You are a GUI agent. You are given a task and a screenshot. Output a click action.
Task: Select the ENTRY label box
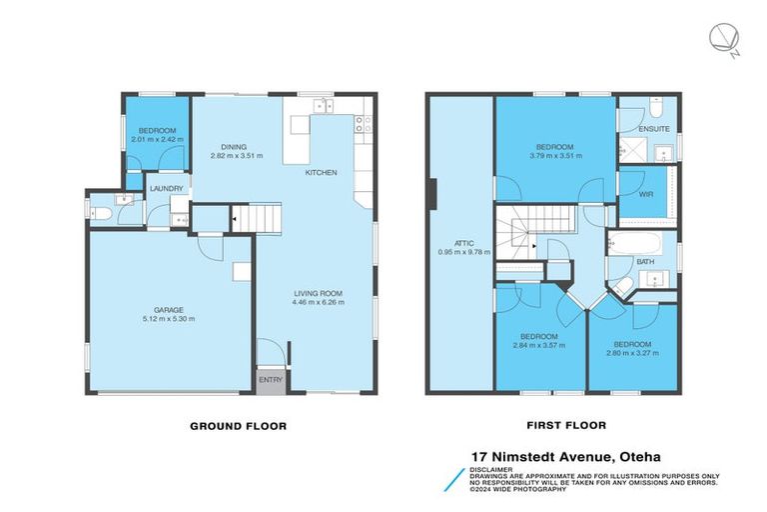pyautogui.click(x=270, y=380)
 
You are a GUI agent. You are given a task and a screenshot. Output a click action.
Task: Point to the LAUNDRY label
pyautogui.click(x=164, y=189)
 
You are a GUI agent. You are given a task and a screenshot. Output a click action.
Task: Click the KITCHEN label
pyautogui.click(x=321, y=173)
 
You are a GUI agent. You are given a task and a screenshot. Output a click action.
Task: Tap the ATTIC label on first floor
pyautogui.click(x=459, y=243)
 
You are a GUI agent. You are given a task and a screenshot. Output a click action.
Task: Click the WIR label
pyautogui.click(x=645, y=194)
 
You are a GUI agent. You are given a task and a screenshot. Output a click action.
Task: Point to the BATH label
pyautogui.click(x=645, y=262)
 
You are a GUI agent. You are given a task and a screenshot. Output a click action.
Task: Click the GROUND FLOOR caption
pyautogui.click(x=239, y=426)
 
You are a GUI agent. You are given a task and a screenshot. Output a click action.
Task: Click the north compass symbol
pyautogui.click(x=721, y=38)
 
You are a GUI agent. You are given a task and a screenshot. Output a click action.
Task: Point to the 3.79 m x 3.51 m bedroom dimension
pyautogui.click(x=553, y=156)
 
